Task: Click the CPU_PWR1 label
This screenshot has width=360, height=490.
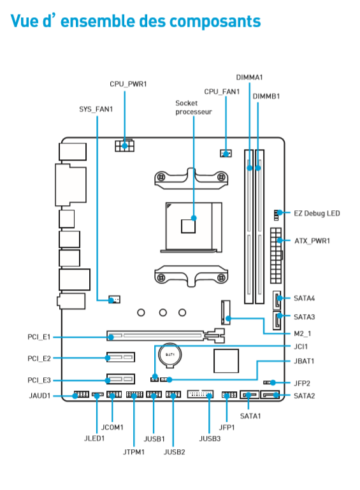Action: coord(128,84)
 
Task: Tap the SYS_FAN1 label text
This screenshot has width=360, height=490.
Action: coord(96,109)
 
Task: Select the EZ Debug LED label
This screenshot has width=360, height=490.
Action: coord(317,213)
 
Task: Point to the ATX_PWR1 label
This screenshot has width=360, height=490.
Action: coord(312,241)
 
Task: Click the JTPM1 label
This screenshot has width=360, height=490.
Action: coord(133,452)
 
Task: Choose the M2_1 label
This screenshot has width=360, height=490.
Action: coord(303,333)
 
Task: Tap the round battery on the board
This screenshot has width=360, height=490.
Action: coord(169,355)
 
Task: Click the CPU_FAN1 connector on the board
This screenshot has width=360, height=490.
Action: coord(226,154)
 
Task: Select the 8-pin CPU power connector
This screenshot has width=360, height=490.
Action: coord(125,146)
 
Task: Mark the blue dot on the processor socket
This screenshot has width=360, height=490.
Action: coord(194,218)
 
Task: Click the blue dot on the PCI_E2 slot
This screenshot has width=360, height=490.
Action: coord(108,358)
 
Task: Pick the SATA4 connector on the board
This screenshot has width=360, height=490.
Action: coord(277,300)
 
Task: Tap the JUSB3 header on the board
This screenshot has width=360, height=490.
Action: coord(200,394)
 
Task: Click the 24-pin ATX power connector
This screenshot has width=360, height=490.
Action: coord(276,256)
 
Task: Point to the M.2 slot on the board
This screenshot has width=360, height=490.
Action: coord(226,312)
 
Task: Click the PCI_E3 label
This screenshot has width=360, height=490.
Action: coord(39,380)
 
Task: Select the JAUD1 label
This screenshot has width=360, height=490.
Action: coord(40,396)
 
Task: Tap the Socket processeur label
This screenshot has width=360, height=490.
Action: coord(194,108)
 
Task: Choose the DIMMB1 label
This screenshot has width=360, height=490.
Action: coord(266,96)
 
